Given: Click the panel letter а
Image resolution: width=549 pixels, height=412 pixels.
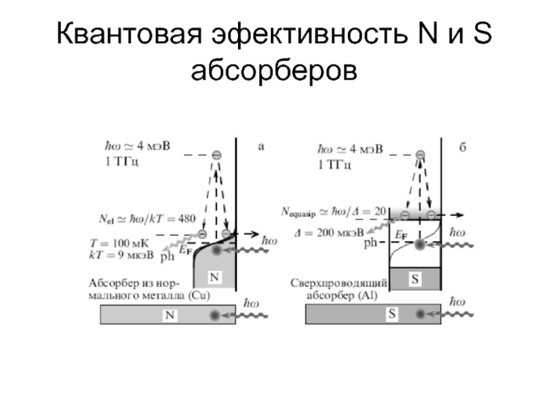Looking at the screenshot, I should (x=261, y=146).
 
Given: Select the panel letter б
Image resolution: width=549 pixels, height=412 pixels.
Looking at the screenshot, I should (x=463, y=147).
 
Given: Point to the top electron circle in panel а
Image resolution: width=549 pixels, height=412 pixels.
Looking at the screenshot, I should (x=217, y=155).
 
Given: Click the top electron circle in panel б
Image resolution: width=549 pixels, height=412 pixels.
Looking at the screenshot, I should (x=419, y=155).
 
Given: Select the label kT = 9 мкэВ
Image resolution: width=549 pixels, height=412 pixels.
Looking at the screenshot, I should (x=124, y=254).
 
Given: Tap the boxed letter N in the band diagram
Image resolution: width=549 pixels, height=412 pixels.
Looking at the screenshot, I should (x=215, y=277).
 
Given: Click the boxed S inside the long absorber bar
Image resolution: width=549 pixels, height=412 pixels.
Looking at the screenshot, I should (x=392, y=314).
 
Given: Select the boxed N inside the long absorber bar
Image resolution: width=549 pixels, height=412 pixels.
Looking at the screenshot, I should (x=168, y=315).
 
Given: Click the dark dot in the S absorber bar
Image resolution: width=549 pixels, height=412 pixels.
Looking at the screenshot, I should (x=419, y=314).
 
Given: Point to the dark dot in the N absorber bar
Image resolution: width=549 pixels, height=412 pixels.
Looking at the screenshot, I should (x=215, y=315).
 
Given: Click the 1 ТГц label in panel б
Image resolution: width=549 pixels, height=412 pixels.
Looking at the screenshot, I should (x=336, y=164).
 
